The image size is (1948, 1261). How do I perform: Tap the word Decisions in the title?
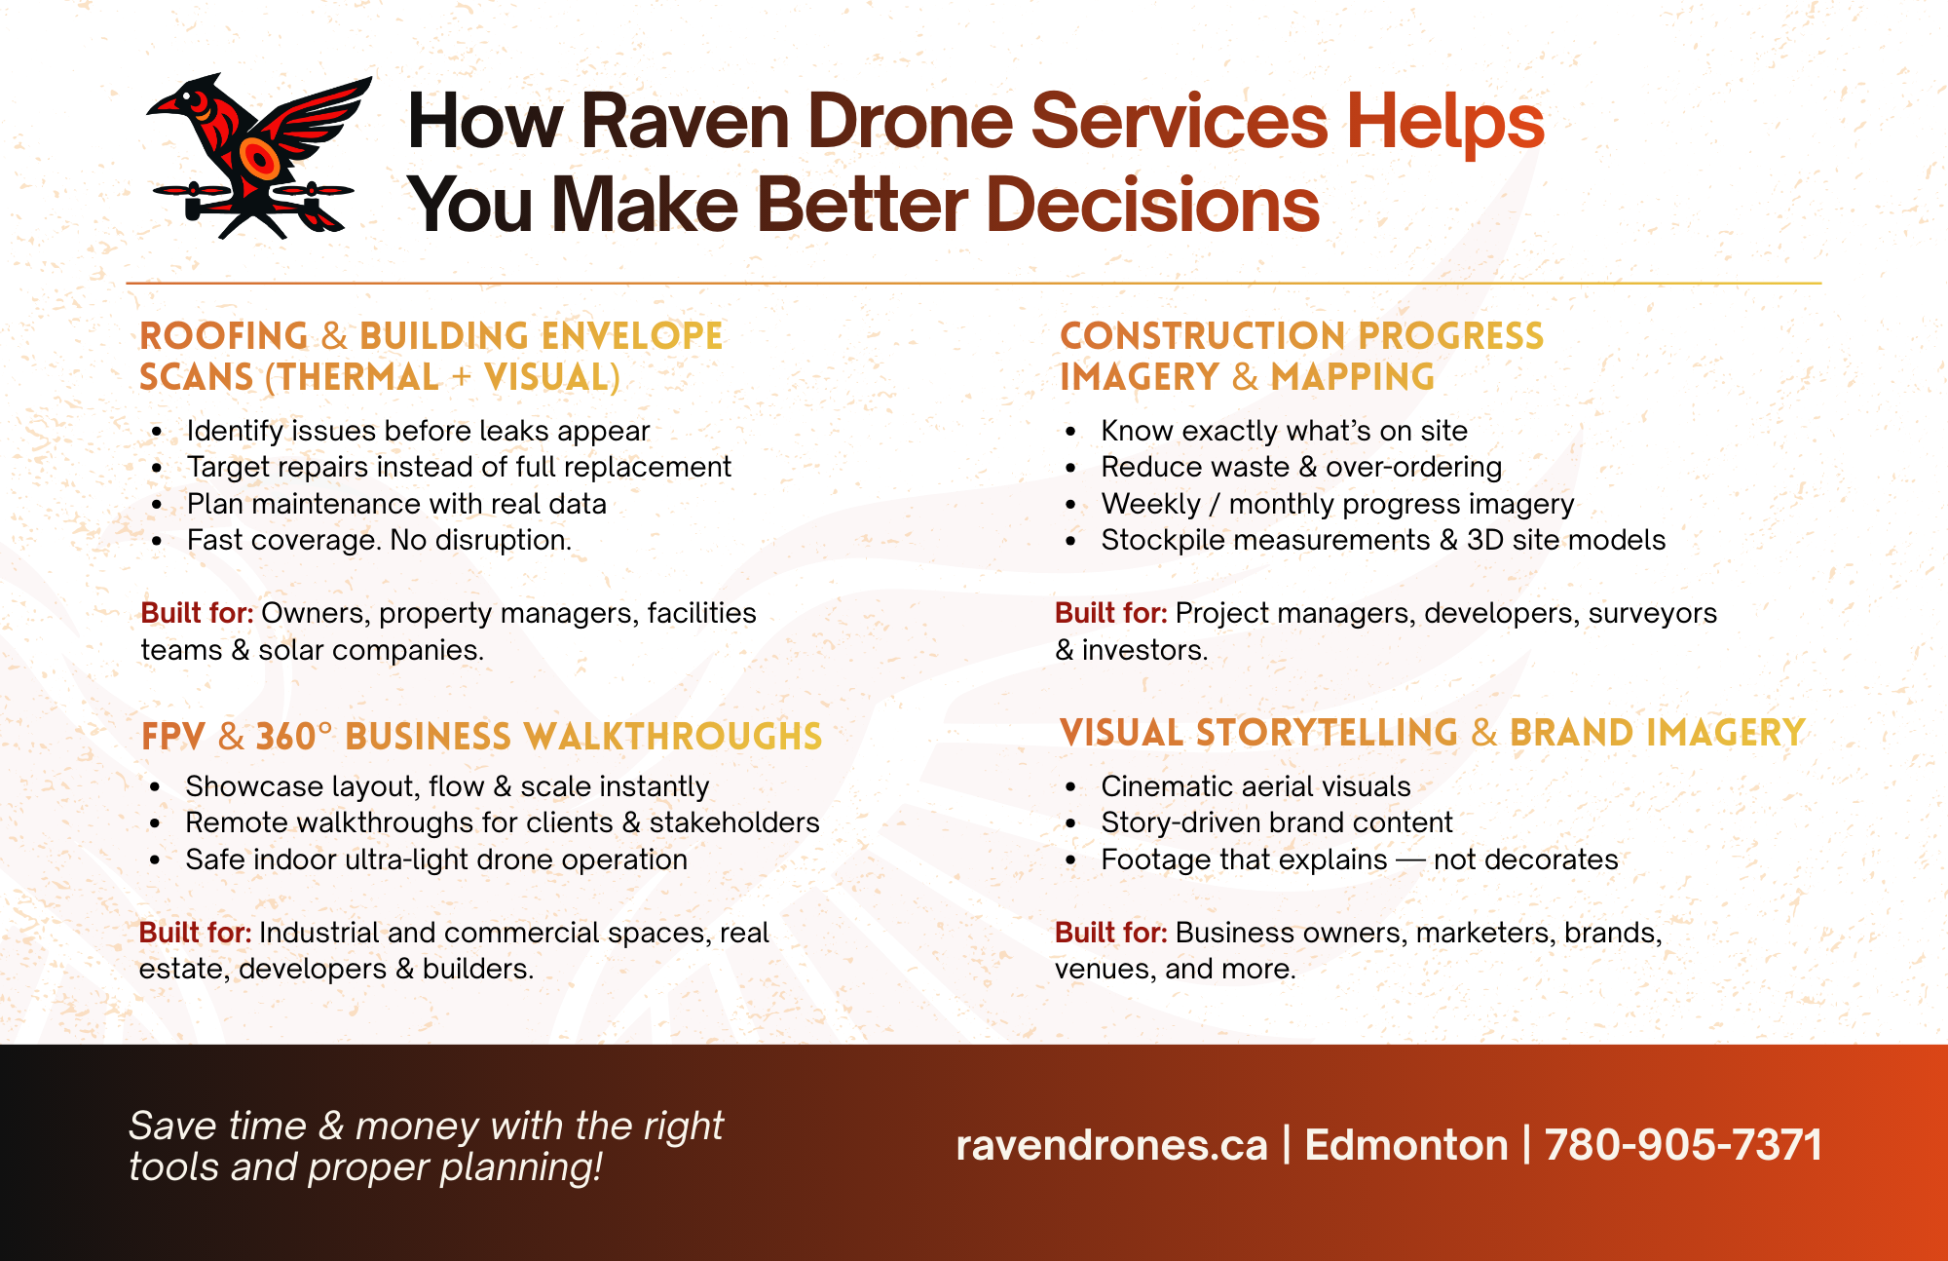click(x=1153, y=206)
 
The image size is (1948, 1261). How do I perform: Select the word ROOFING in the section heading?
click(x=224, y=336)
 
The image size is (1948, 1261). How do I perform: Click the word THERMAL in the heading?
click(x=358, y=377)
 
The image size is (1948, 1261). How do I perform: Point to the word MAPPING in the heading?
click(x=1353, y=377)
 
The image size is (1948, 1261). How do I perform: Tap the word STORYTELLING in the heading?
click(x=1327, y=733)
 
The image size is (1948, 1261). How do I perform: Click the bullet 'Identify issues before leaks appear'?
click(x=418, y=431)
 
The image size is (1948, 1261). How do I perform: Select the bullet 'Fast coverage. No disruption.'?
click(x=379, y=540)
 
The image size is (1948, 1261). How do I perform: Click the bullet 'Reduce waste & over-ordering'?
click(x=1301, y=467)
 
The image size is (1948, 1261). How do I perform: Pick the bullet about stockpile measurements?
click(x=1383, y=540)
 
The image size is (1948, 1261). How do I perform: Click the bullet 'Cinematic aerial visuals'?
click(x=1255, y=786)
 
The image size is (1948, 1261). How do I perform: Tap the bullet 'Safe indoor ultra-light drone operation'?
click(x=436, y=860)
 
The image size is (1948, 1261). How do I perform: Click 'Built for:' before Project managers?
click(x=1111, y=613)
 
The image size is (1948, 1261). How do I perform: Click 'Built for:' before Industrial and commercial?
click(x=195, y=933)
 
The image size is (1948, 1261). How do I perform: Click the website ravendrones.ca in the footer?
click(x=1111, y=1145)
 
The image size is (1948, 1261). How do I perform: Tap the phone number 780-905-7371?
click(x=1683, y=1145)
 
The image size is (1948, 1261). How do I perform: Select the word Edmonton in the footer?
click(x=1405, y=1145)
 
